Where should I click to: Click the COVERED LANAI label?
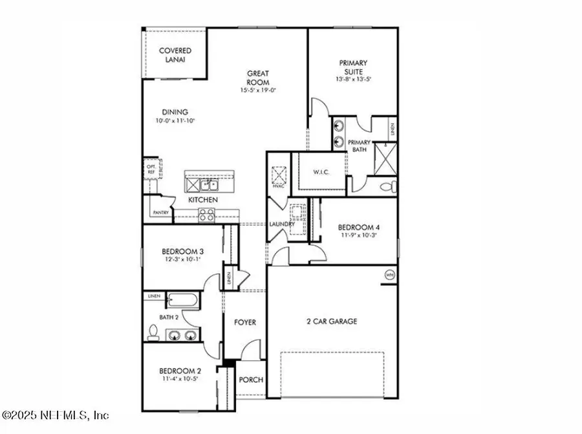pos(175,55)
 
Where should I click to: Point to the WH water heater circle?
pos(389,274)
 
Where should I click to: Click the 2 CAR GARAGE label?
pos(331,321)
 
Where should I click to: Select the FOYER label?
pos(244,322)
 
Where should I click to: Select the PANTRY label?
pos(160,213)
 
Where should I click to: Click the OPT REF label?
pos(150,170)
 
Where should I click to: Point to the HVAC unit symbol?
pos(279,175)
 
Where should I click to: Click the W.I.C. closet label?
pos(321,172)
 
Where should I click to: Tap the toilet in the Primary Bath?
pos(387,188)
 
